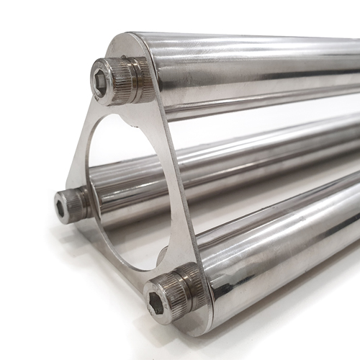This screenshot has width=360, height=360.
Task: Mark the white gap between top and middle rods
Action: tap(238, 115)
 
